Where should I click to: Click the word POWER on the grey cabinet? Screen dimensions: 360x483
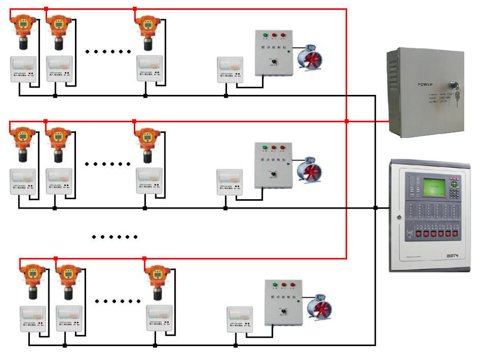tap(427, 85)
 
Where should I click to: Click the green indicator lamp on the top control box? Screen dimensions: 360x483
tap(265, 36)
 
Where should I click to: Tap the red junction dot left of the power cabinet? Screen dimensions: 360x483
tap(346, 120)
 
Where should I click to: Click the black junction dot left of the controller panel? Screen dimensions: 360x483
tap(375, 208)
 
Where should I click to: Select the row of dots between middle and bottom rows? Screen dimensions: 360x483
tap(115, 237)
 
